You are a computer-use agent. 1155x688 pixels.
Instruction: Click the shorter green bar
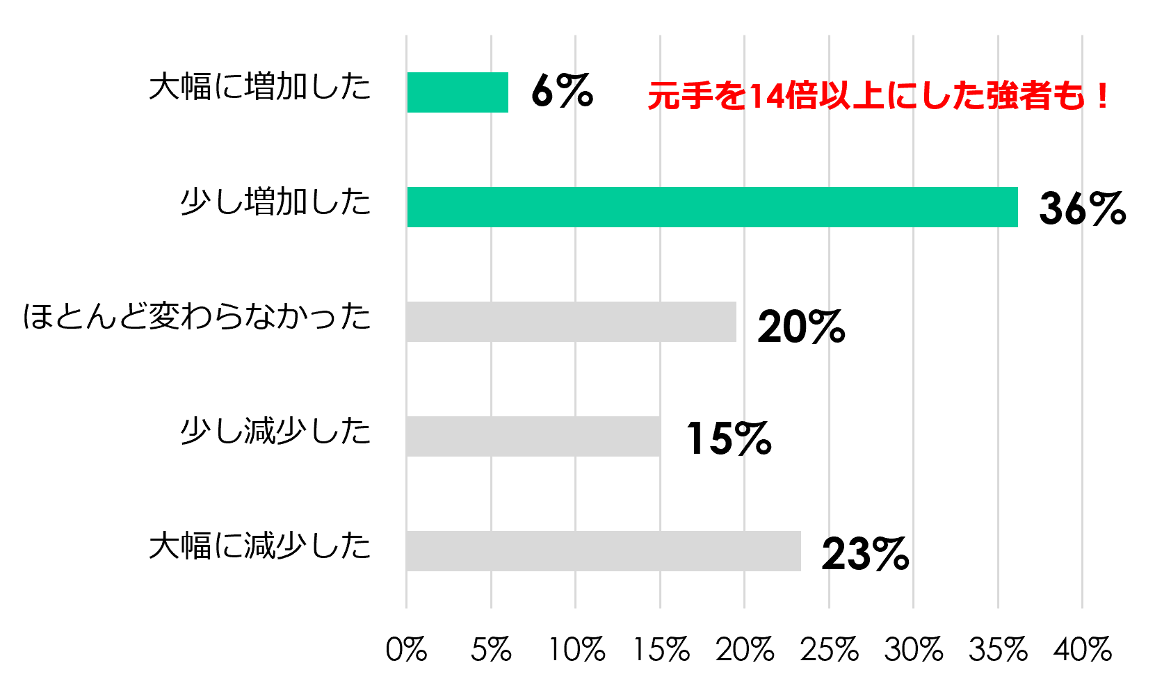point(457,92)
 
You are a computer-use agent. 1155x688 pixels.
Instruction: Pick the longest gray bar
point(603,551)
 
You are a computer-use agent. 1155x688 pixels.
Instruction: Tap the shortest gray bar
point(533,436)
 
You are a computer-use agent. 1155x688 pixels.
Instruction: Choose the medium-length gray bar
point(571,322)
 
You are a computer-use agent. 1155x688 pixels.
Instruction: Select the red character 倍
point(800,96)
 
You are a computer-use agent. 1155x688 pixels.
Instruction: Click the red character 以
point(834,96)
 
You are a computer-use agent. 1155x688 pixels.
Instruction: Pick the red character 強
point(1002,96)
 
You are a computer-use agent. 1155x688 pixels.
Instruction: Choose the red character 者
point(1035,96)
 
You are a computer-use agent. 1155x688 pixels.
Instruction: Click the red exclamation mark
point(1101,96)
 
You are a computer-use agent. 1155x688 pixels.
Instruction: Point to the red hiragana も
point(1069,96)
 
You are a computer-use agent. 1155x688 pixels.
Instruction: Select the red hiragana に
point(901,96)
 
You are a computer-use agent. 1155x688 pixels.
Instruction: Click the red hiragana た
point(969,96)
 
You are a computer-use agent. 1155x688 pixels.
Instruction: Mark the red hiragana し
point(935,96)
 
